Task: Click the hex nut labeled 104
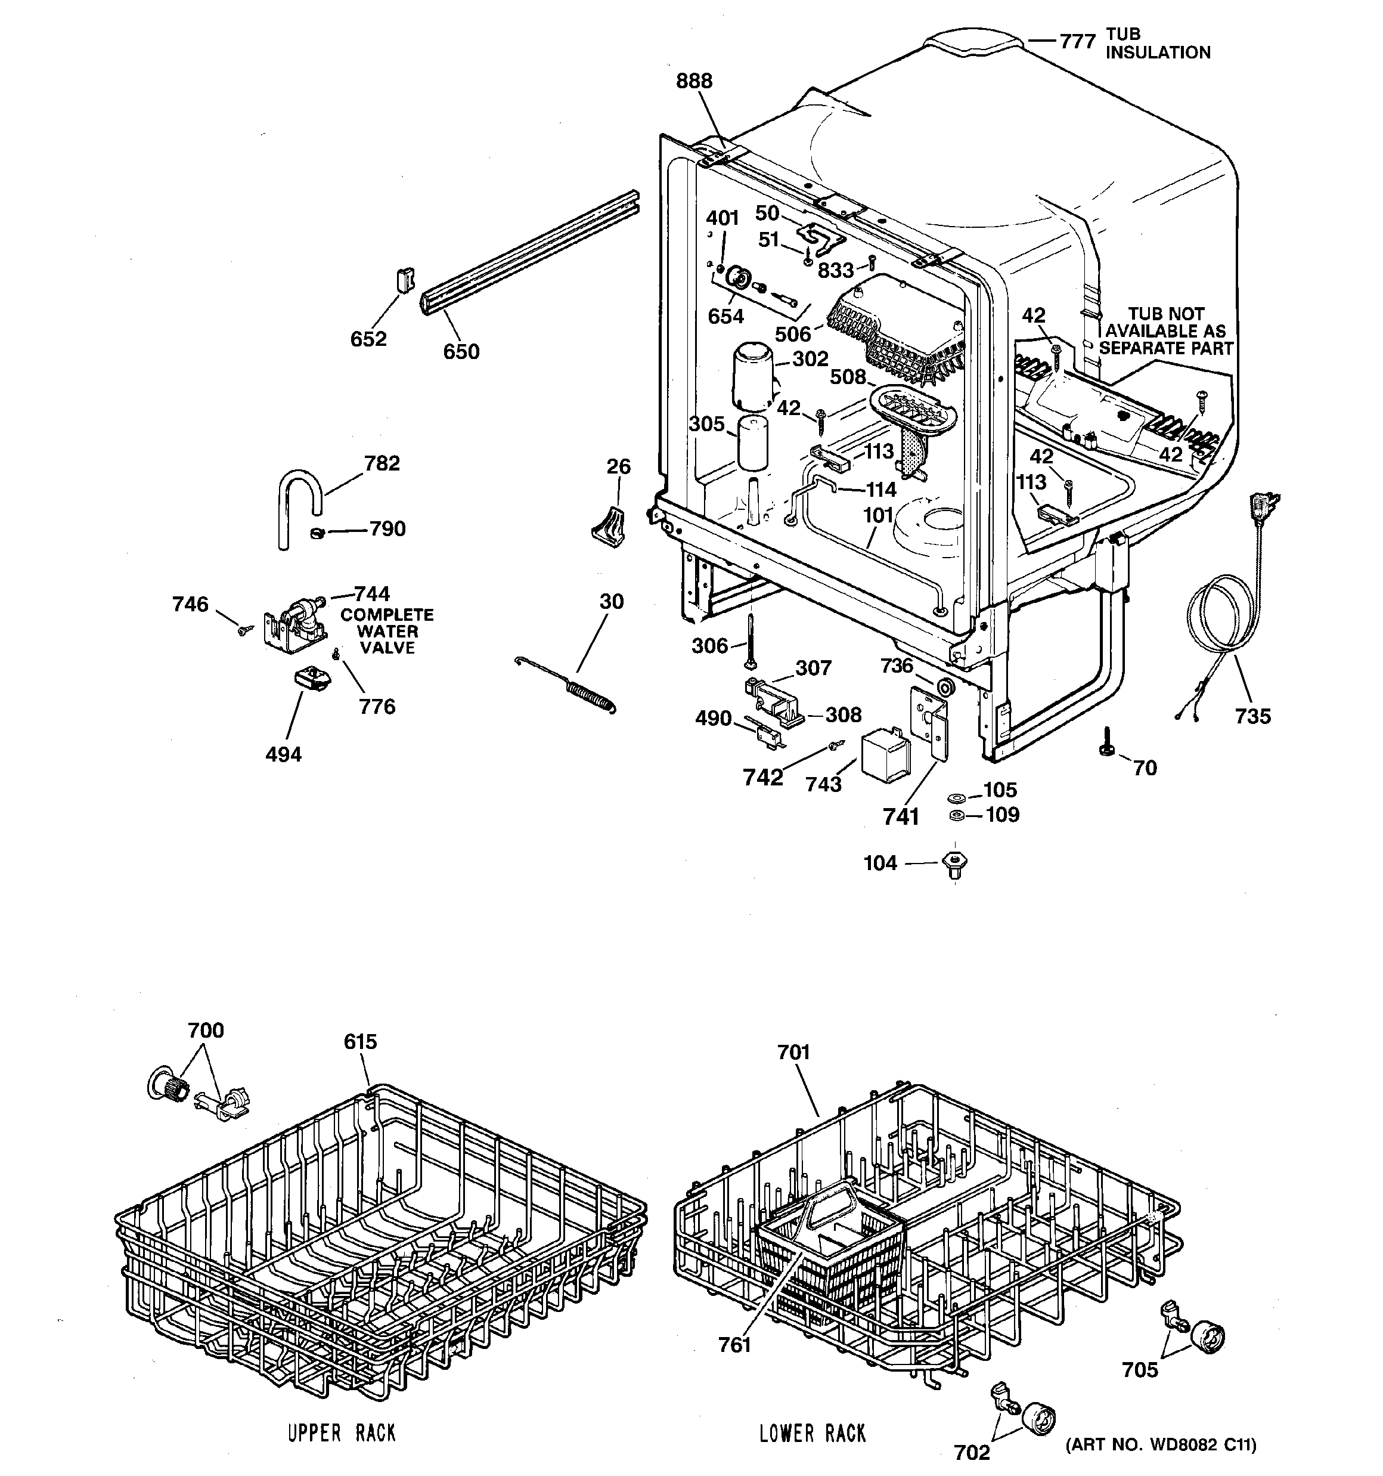pos(954,864)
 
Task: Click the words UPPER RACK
pos(342,1433)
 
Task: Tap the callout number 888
pos(693,81)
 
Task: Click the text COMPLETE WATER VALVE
pos(387,631)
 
